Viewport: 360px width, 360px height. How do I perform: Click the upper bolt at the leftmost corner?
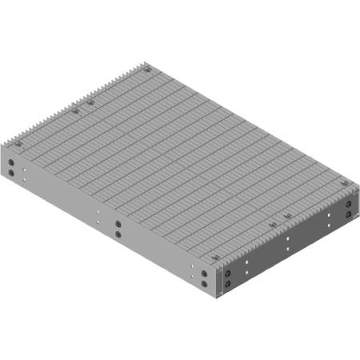(12, 162)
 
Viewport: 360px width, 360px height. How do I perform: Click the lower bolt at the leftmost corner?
(12, 172)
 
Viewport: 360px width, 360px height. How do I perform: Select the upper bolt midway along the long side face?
(118, 225)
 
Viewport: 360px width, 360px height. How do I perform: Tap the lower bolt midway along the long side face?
(118, 235)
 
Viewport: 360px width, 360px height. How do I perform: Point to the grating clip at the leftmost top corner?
(16, 144)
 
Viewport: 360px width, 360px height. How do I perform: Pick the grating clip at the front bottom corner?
(216, 256)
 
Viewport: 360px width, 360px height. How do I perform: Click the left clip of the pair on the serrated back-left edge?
(76, 112)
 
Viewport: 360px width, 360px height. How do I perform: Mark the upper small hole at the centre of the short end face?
(286, 238)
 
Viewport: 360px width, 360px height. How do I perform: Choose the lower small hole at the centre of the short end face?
(286, 249)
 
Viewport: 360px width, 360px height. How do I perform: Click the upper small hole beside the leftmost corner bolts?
(26, 170)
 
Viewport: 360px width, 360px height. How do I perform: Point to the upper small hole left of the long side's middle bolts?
(98, 213)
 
